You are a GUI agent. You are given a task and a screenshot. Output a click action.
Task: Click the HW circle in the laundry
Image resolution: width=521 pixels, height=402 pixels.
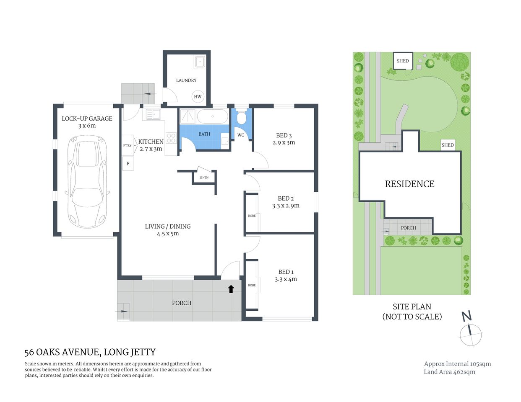[x=198, y=96]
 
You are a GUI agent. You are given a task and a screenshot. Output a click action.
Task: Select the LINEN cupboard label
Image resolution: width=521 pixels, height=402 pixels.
[x=204, y=178]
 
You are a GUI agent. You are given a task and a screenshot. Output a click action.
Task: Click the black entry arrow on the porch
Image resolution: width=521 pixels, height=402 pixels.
[x=231, y=289]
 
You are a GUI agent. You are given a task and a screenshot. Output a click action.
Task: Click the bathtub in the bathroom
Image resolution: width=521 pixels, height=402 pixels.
[x=212, y=116]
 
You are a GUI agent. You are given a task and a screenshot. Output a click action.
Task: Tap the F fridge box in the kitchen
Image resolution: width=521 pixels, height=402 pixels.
[x=128, y=164]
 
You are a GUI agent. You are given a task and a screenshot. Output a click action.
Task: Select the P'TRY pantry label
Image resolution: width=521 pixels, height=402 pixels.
[x=127, y=145]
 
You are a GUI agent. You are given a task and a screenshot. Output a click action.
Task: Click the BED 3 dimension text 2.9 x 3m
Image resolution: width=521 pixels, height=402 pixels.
[x=284, y=143]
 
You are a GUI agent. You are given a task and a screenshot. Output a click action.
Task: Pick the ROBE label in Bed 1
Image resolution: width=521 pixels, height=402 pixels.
[x=252, y=285]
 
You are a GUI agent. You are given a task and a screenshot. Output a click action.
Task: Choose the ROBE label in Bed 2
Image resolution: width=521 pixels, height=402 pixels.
[x=252, y=216]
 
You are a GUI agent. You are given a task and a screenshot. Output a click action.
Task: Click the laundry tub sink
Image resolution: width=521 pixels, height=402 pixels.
[x=200, y=62]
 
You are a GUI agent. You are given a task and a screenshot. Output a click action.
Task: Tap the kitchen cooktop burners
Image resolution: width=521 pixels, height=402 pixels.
[x=171, y=138]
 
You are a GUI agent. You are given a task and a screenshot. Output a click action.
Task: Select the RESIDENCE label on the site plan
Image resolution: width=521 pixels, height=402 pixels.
[x=409, y=184]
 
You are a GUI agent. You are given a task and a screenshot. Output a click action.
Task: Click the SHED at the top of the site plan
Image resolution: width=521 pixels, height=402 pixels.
[x=403, y=61]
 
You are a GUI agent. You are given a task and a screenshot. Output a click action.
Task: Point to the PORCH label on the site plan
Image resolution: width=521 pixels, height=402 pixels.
[x=408, y=228]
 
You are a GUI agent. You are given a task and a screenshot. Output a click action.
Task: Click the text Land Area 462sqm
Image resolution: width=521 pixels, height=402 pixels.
[x=449, y=372]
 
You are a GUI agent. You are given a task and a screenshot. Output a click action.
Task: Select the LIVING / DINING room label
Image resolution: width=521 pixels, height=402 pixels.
[x=168, y=227]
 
